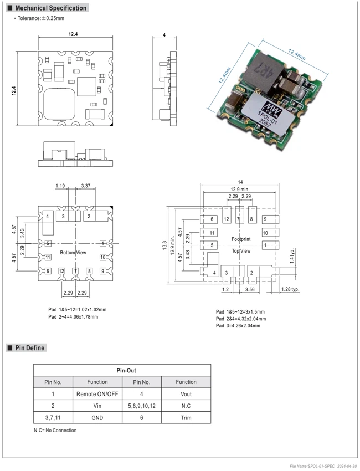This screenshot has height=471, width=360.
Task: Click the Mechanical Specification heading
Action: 51,8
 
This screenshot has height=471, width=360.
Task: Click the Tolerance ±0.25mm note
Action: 40,18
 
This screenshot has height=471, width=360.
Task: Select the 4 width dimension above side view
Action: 164,35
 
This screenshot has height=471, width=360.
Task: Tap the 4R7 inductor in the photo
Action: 264,71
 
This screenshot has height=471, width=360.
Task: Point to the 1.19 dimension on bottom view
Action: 60,186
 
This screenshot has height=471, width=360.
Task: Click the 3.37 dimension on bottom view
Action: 86,186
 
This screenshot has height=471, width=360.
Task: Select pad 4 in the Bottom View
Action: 48,224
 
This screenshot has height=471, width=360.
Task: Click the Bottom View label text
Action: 73,253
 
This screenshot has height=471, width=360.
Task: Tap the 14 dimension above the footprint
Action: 240,182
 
